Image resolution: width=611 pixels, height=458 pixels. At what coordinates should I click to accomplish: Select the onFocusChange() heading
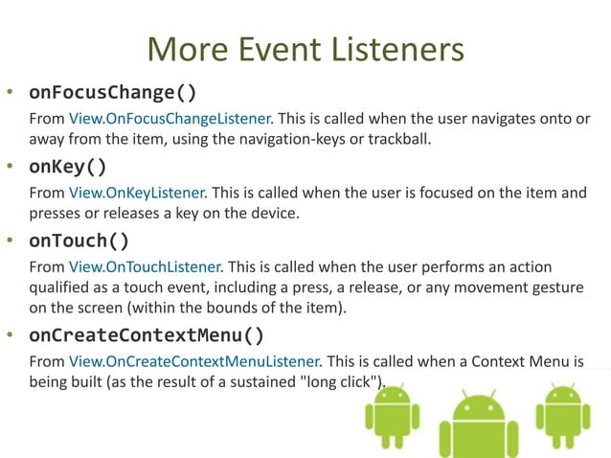[113, 93]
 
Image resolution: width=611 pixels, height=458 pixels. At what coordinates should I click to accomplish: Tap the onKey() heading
[68, 167]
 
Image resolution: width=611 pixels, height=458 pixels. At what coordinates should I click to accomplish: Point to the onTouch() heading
[79, 240]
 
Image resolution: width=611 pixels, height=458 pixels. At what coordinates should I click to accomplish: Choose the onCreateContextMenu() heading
[147, 335]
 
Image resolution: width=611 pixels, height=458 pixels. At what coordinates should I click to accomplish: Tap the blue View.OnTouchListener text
[145, 265]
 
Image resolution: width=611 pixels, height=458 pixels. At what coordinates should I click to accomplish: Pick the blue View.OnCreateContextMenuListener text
[195, 361]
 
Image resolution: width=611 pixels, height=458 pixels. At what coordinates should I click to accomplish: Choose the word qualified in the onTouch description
[62, 287]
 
